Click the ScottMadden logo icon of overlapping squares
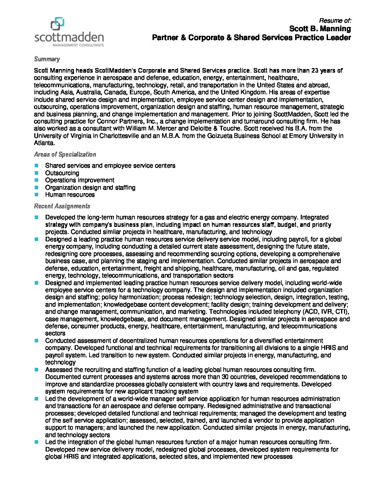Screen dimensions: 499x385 pos(57,23)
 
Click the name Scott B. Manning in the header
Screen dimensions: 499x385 pos(320,29)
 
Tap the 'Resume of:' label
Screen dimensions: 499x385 pos(335,21)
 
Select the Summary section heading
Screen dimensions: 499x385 pos(47,59)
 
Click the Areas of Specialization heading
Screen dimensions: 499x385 pos(65,155)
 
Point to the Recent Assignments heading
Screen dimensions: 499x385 pos(62,206)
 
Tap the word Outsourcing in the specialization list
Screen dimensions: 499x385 pos(62,173)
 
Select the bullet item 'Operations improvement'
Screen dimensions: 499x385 pos(80,180)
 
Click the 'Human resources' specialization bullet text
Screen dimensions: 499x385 pos(70,195)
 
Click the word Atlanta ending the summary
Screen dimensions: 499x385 pos(44,143)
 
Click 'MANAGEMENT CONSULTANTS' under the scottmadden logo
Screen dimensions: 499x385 pos(78,45)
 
